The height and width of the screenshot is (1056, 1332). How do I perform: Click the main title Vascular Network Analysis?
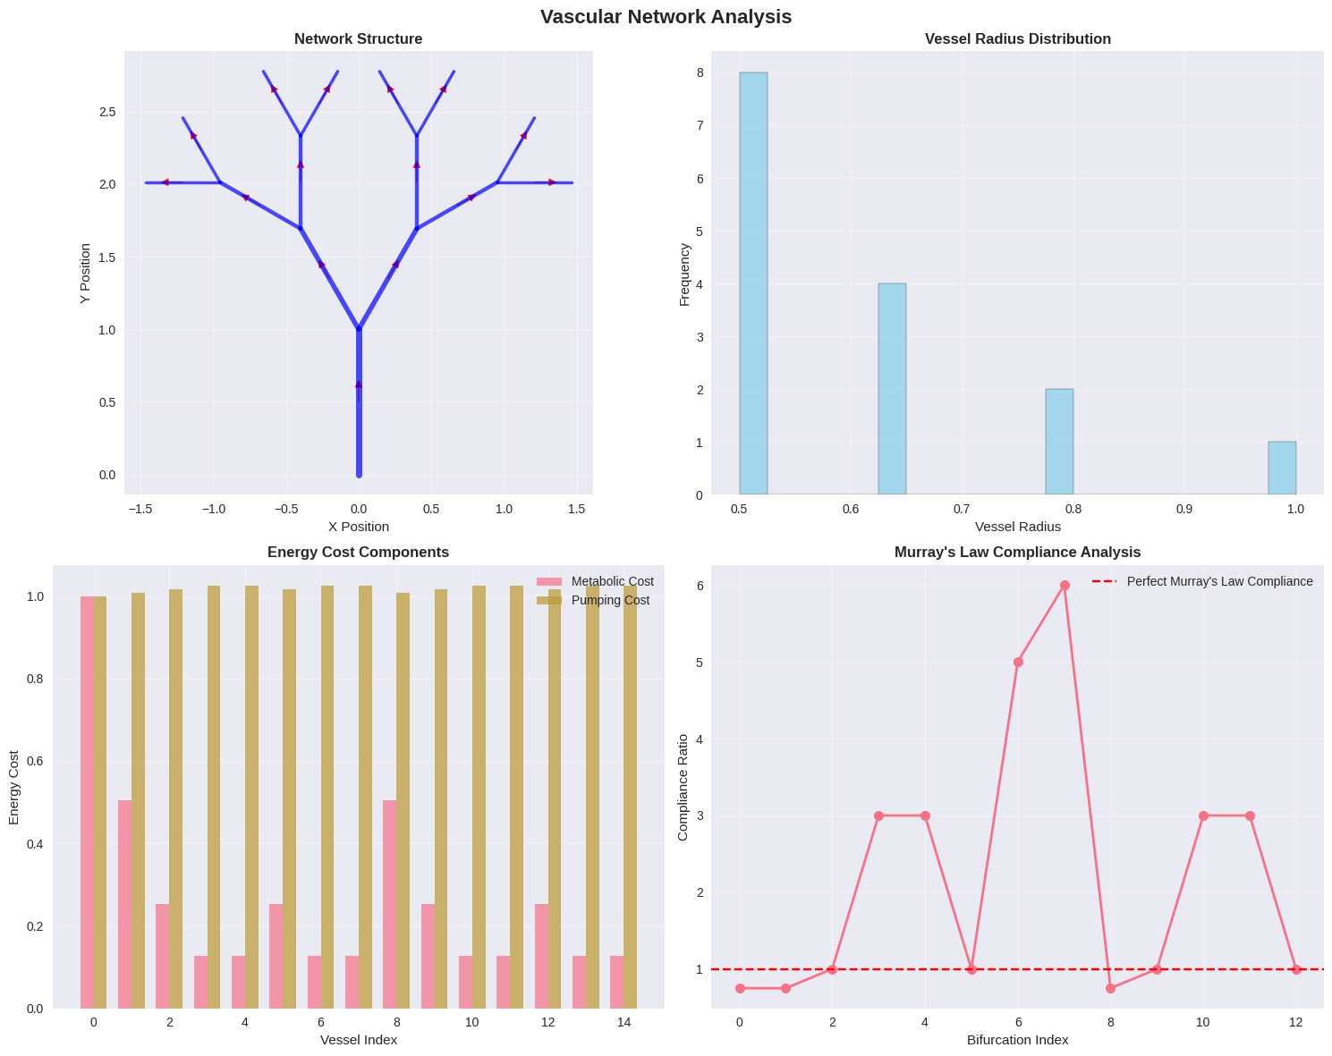tap(666, 17)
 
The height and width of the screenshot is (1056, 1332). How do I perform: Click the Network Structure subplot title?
tap(358, 39)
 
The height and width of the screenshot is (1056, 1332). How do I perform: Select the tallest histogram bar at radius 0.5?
tap(753, 283)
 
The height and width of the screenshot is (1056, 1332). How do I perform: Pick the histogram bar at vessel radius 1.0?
tap(1281, 469)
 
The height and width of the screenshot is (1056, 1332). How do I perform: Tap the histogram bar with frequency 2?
tap(1059, 442)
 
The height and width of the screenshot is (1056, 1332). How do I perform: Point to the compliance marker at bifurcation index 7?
tap(1065, 586)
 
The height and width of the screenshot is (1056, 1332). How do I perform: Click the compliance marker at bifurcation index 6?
tap(1018, 663)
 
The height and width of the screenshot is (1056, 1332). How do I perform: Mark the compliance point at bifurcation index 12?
tap(1296, 969)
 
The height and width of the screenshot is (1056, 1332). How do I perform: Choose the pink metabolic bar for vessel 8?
tap(389, 904)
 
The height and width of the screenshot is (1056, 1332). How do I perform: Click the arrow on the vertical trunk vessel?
tap(359, 384)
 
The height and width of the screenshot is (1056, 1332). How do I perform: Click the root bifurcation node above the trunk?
tap(359, 329)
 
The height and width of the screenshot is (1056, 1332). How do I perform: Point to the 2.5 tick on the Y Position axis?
tap(107, 112)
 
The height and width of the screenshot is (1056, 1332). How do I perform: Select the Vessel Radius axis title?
tap(1017, 527)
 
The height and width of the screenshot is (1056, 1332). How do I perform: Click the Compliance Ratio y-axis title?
tap(683, 787)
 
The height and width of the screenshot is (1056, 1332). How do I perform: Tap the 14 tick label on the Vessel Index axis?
tap(624, 1023)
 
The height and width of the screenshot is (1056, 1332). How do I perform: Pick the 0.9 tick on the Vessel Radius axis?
tap(1184, 509)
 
